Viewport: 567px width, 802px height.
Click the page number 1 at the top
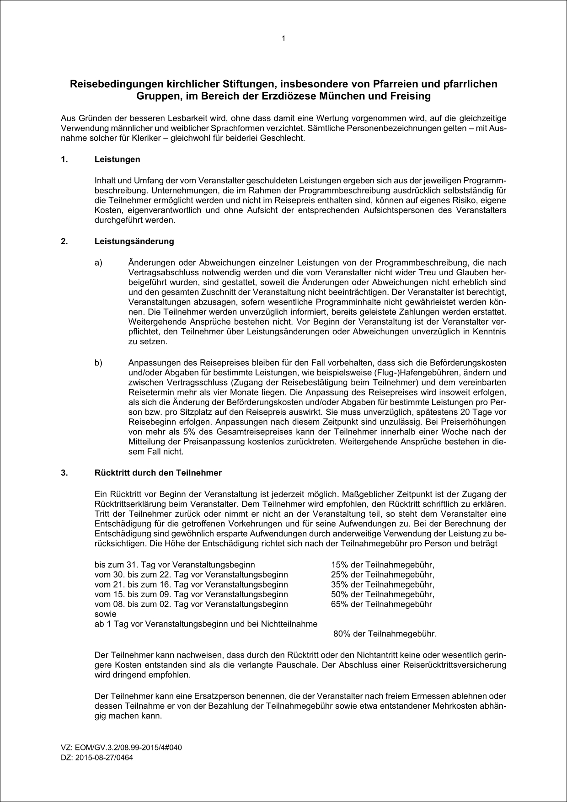283,38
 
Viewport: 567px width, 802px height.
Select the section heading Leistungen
117,160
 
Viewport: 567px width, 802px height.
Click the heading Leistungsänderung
134,241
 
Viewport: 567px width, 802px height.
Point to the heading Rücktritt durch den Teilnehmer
158,473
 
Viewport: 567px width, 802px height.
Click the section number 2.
64,241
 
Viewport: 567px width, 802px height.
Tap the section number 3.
64,473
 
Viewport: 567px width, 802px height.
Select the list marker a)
98,263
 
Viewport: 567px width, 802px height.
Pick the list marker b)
98,363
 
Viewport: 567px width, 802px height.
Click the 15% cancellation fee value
339,565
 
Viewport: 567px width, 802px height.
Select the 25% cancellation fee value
339,575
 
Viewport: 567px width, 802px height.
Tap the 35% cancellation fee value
339,584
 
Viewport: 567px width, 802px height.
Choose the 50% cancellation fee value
339,594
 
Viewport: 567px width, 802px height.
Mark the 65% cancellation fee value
339,604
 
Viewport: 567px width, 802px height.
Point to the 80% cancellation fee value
342,634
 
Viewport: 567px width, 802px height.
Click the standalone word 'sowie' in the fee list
105,614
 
